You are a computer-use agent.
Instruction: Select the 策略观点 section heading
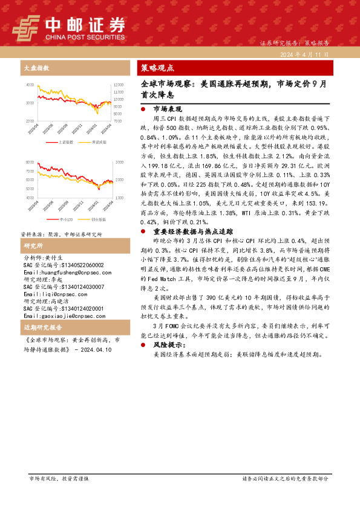point(157,68)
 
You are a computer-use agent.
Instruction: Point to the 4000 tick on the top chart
point(30,85)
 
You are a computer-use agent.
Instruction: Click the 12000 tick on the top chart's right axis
point(119,85)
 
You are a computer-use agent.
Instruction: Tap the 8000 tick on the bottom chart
point(30,163)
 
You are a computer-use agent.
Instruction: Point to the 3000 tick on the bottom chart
point(119,163)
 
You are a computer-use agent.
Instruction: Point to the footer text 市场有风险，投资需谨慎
point(59,478)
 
